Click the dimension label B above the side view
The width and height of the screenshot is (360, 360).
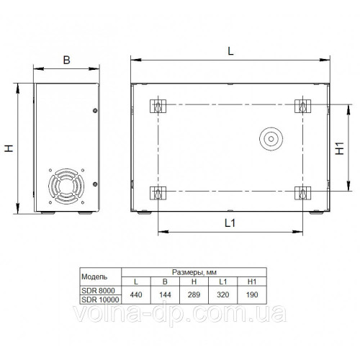[x=66, y=60]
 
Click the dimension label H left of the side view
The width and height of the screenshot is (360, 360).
[x=9, y=148]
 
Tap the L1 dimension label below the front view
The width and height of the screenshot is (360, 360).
[x=230, y=223]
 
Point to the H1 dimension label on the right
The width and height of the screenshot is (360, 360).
[x=340, y=148]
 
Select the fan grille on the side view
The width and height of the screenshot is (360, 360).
[x=66, y=186]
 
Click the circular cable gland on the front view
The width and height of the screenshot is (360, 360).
[x=271, y=139]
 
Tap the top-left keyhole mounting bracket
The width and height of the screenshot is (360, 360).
[x=158, y=106]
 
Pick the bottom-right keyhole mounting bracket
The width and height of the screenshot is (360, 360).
[x=302, y=193]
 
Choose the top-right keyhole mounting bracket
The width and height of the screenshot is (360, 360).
[x=302, y=106]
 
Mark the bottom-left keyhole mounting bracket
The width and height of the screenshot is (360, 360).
[x=158, y=193]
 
